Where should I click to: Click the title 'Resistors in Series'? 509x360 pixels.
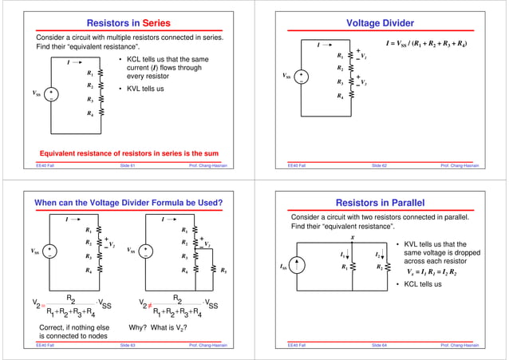pyautogui.click(x=127, y=25)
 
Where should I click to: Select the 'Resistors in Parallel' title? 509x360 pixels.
pyautogui.click(x=381, y=203)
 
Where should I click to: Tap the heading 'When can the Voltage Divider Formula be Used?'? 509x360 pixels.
pyautogui.click(x=128, y=203)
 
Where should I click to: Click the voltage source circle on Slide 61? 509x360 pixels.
pyautogui.click(x=49, y=94)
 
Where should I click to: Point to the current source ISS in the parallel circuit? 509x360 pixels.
pyautogui.click(x=299, y=267)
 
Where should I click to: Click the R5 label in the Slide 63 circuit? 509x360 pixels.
pyautogui.click(x=223, y=271)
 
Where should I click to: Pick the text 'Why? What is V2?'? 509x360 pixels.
pyautogui.click(x=158, y=327)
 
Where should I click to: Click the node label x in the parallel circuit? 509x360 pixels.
pyautogui.click(x=352, y=237)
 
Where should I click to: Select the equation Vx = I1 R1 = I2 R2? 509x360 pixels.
pyautogui.click(x=437, y=271)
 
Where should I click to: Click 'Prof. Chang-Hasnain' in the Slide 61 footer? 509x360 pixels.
pyautogui.click(x=207, y=166)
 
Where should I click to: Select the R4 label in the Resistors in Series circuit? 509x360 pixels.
pyautogui.click(x=90, y=113)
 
